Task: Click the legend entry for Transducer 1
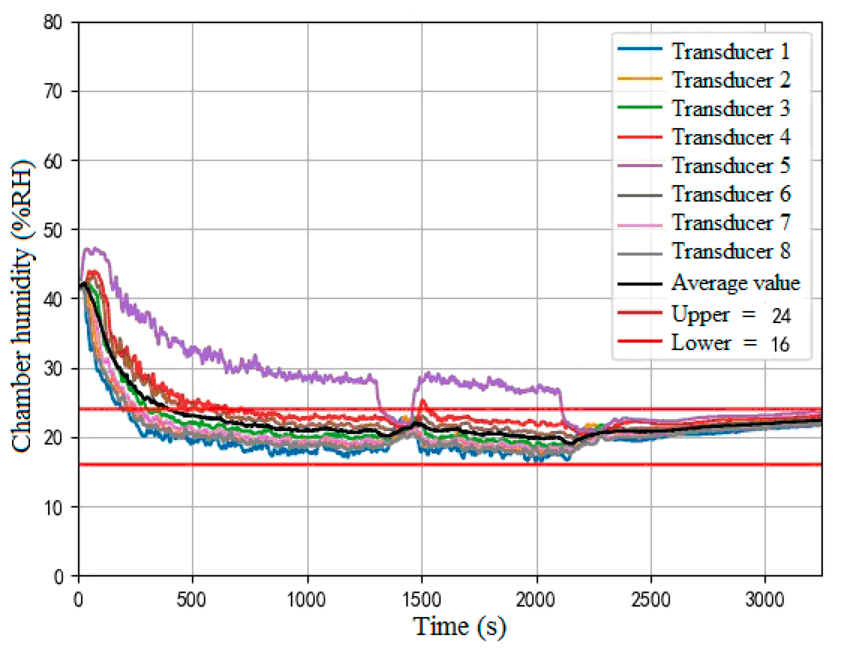point(730,51)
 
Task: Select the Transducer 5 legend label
point(730,165)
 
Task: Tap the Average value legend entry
point(735,283)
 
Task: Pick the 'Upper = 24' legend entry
point(730,314)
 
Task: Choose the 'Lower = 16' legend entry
point(730,343)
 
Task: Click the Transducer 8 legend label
point(730,252)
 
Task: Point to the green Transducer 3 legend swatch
point(640,107)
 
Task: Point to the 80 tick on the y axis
point(53,22)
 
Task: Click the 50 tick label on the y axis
point(53,230)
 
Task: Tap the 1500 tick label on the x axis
point(422,600)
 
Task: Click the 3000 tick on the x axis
point(764,600)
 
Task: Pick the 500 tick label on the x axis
point(192,600)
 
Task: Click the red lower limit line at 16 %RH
point(280,465)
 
